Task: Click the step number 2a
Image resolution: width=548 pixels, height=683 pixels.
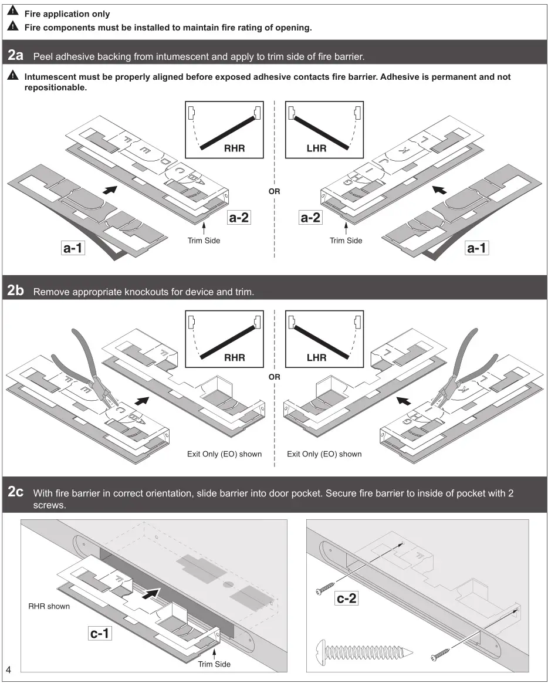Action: click(16, 56)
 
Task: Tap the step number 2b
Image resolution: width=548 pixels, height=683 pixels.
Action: click(16, 290)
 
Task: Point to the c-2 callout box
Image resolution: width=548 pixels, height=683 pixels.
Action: click(346, 599)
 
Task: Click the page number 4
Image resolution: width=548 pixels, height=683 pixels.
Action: click(8, 670)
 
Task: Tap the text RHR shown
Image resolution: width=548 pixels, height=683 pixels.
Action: click(49, 606)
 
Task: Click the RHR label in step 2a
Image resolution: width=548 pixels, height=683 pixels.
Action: click(234, 149)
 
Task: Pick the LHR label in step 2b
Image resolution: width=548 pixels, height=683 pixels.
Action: click(316, 357)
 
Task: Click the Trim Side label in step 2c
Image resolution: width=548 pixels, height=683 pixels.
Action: click(214, 664)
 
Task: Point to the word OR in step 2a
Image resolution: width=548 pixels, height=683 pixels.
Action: click(274, 191)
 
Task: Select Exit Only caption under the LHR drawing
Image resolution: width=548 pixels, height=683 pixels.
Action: click(324, 454)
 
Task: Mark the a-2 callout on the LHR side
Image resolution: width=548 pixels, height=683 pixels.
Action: click(310, 218)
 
